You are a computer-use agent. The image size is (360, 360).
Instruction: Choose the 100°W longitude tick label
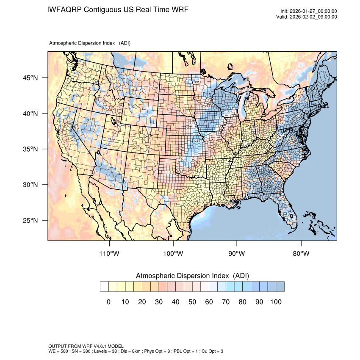(x=173, y=254)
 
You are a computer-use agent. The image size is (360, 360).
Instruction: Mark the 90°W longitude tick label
(x=237, y=254)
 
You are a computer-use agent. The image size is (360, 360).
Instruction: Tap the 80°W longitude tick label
(x=301, y=254)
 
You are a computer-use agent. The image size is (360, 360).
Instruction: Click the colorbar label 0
(x=109, y=302)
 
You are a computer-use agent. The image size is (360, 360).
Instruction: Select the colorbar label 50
(x=192, y=302)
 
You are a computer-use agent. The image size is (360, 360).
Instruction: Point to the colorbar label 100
(x=276, y=302)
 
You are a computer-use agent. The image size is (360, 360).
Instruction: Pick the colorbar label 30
(x=159, y=302)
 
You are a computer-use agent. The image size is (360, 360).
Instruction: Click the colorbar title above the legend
(x=192, y=276)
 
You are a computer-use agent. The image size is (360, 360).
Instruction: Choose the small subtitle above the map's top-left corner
(x=89, y=43)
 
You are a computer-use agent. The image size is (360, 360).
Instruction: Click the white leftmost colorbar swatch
(x=104, y=287)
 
